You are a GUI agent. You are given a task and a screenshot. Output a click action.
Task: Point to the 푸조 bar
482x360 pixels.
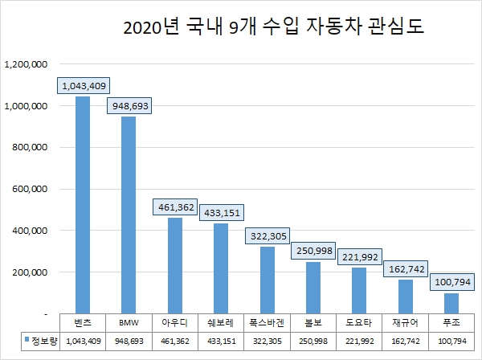(x=451, y=303)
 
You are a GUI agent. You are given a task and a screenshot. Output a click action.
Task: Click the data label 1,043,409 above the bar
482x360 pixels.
(x=83, y=85)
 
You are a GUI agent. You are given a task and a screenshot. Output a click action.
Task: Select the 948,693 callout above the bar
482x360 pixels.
(x=129, y=106)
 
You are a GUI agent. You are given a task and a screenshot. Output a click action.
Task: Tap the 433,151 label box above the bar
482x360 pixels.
(x=220, y=213)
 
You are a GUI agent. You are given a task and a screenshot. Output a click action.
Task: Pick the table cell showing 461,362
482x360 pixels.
(x=174, y=341)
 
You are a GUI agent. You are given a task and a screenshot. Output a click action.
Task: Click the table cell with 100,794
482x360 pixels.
(x=451, y=341)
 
